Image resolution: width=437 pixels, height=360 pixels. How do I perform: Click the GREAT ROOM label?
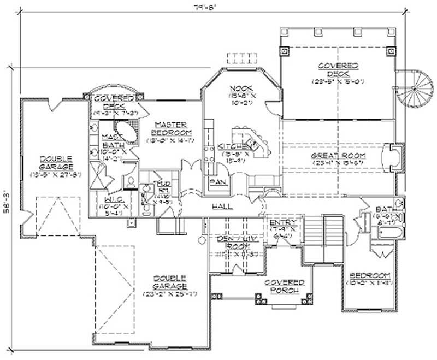coord(338,156)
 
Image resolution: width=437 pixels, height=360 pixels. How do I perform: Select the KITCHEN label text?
coord(232,147)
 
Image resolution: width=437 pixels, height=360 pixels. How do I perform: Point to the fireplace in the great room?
coord(393,156)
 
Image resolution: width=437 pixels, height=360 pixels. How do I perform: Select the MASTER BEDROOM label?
coord(170,128)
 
